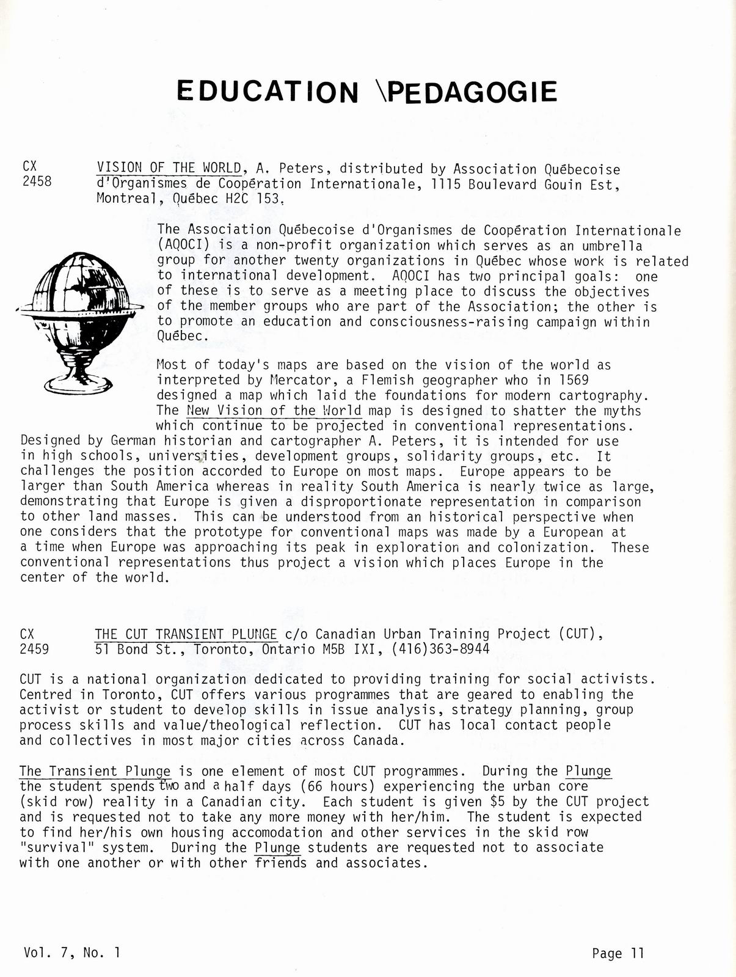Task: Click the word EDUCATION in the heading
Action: point(268,92)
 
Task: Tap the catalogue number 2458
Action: point(37,181)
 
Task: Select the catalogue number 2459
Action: point(34,649)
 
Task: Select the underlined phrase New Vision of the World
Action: point(274,411)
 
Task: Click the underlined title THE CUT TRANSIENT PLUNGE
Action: point(186,634)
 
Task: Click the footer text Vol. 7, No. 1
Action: point(73,952)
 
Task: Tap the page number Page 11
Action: point(618,953)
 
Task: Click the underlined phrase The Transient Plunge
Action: point(95,771)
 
